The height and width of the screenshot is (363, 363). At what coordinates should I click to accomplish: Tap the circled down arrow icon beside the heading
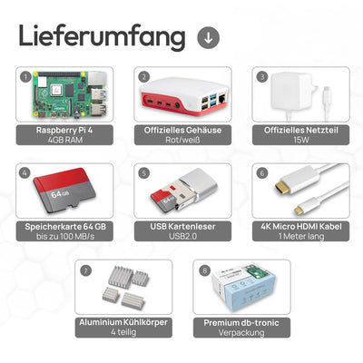(x=207, y=37)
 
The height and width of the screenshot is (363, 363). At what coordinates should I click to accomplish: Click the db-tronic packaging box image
(x=242, y=289)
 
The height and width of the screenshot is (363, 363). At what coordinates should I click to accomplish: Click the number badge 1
(x=26, y=77)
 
